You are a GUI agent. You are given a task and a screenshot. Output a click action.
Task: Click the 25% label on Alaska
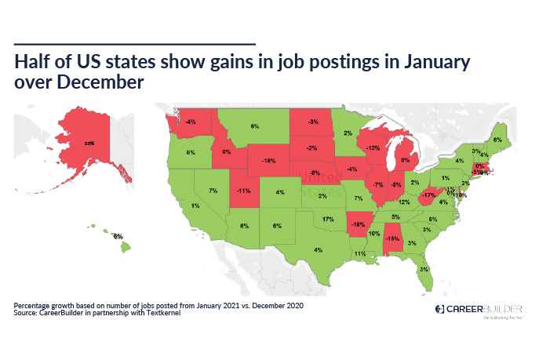[x=89, y=143]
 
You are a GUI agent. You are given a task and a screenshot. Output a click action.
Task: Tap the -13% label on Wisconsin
[x=373, y=147]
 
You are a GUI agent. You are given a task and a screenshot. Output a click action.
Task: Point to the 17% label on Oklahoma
[x=327, y=220]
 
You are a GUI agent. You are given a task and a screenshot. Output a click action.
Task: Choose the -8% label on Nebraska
[x=315, y=172]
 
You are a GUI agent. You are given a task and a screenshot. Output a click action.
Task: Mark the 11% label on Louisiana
[x=360, y=254]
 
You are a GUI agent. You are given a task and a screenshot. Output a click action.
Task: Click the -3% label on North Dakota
[x=313, y=122]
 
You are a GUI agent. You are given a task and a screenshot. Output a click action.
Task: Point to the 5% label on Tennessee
[x=395, y=216]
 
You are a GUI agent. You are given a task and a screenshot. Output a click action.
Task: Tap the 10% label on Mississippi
[x=374, y=234]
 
